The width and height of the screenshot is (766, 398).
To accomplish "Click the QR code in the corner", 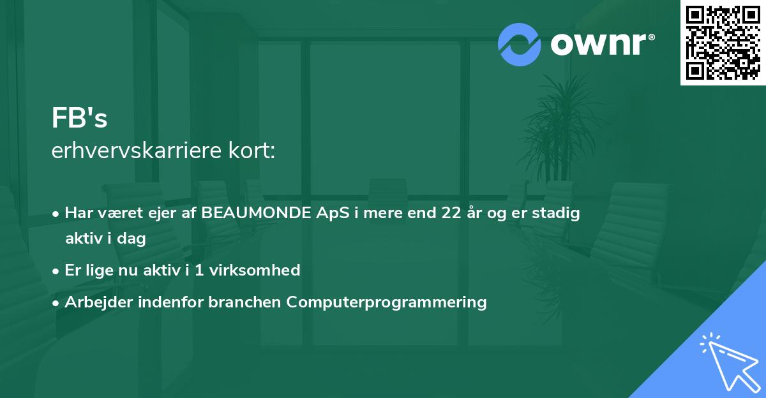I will (x=723, y=42).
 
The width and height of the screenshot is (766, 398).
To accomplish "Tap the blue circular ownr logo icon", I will (x=519, y=44).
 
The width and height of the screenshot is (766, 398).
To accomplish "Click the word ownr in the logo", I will (x=602, y=43).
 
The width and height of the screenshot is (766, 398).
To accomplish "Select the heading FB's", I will (x=79, y=117).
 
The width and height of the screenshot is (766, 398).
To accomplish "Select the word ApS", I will (x=336, y=213).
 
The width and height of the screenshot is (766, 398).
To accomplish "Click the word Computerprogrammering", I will (x=386, y=302).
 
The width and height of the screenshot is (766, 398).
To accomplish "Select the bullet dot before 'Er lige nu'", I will (x=57, y=270).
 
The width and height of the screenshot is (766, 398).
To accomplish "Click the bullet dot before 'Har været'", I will (x=57, y=214).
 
